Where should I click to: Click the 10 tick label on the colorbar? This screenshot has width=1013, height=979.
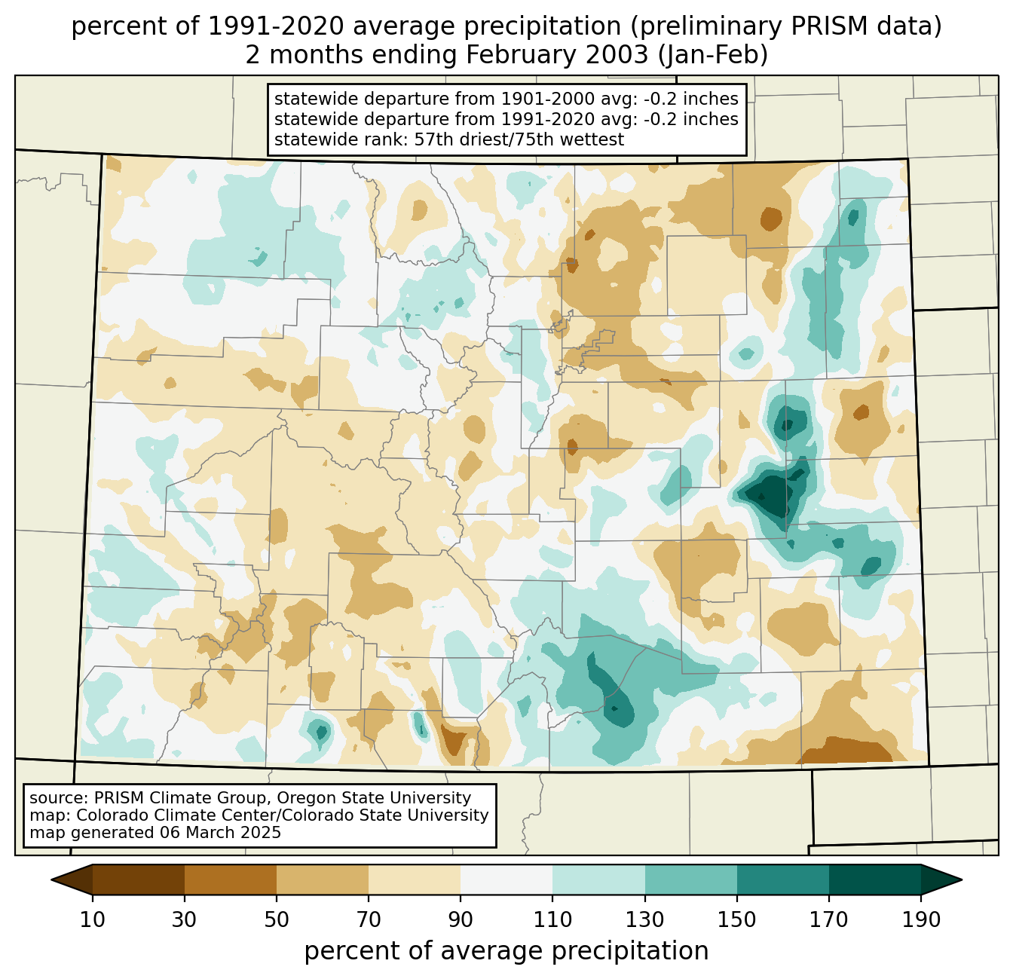pos(93,920)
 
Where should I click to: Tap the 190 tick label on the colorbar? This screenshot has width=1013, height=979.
pos(920,920)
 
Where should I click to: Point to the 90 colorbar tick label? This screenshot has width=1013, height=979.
pos(461,920)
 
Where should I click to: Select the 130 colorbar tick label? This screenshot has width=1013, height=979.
pos(645,920)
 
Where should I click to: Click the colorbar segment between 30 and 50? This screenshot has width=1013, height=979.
pos(231,880)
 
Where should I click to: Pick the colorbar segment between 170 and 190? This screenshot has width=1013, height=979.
pos(874,880)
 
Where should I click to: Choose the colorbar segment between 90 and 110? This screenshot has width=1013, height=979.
pos(506,880)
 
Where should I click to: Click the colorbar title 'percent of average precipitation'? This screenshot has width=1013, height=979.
pos(506,951)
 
